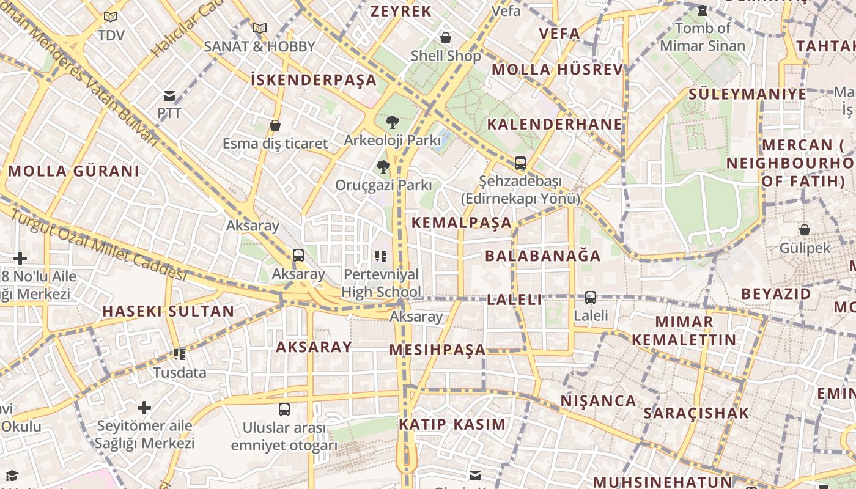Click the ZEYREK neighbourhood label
(401, 11)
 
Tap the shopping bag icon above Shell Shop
(446, 38)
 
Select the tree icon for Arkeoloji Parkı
(392, 122)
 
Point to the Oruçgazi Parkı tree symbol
(383, 166)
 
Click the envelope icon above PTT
(169, 96)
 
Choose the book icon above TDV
(111, 17)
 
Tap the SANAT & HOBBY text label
(260, 46)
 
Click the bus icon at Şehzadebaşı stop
(520, 163)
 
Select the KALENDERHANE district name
(555, 125)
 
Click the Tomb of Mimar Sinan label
(703, 37)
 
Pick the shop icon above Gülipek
(805, 230)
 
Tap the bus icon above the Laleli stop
(591, 298)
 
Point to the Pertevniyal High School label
(382, 283)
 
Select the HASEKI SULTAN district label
(168, 311)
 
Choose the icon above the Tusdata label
(180, 354)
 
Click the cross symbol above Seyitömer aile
(144, 408)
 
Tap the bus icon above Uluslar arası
(284, 409)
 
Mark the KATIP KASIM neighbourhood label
(452, 424)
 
